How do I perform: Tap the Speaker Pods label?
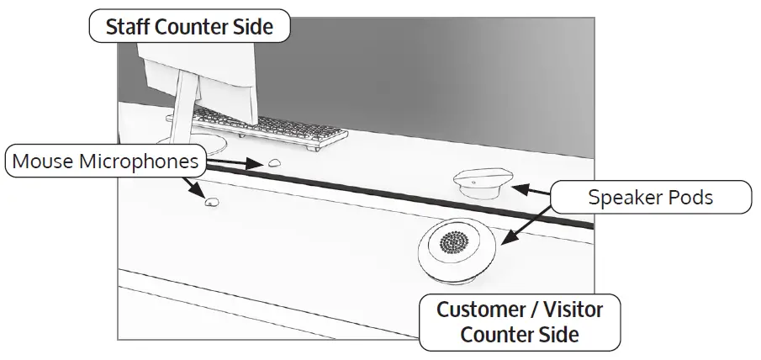[x=651, y=198]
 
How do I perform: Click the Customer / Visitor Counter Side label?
[x=520, y=321]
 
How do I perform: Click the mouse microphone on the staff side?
[x=275, y=163]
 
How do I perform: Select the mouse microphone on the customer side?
[x=211, y=201]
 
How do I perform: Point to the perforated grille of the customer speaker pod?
[x=454, y=242]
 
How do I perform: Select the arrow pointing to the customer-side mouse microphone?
[x=195, y=186]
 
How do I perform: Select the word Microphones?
[x=142, y=160]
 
